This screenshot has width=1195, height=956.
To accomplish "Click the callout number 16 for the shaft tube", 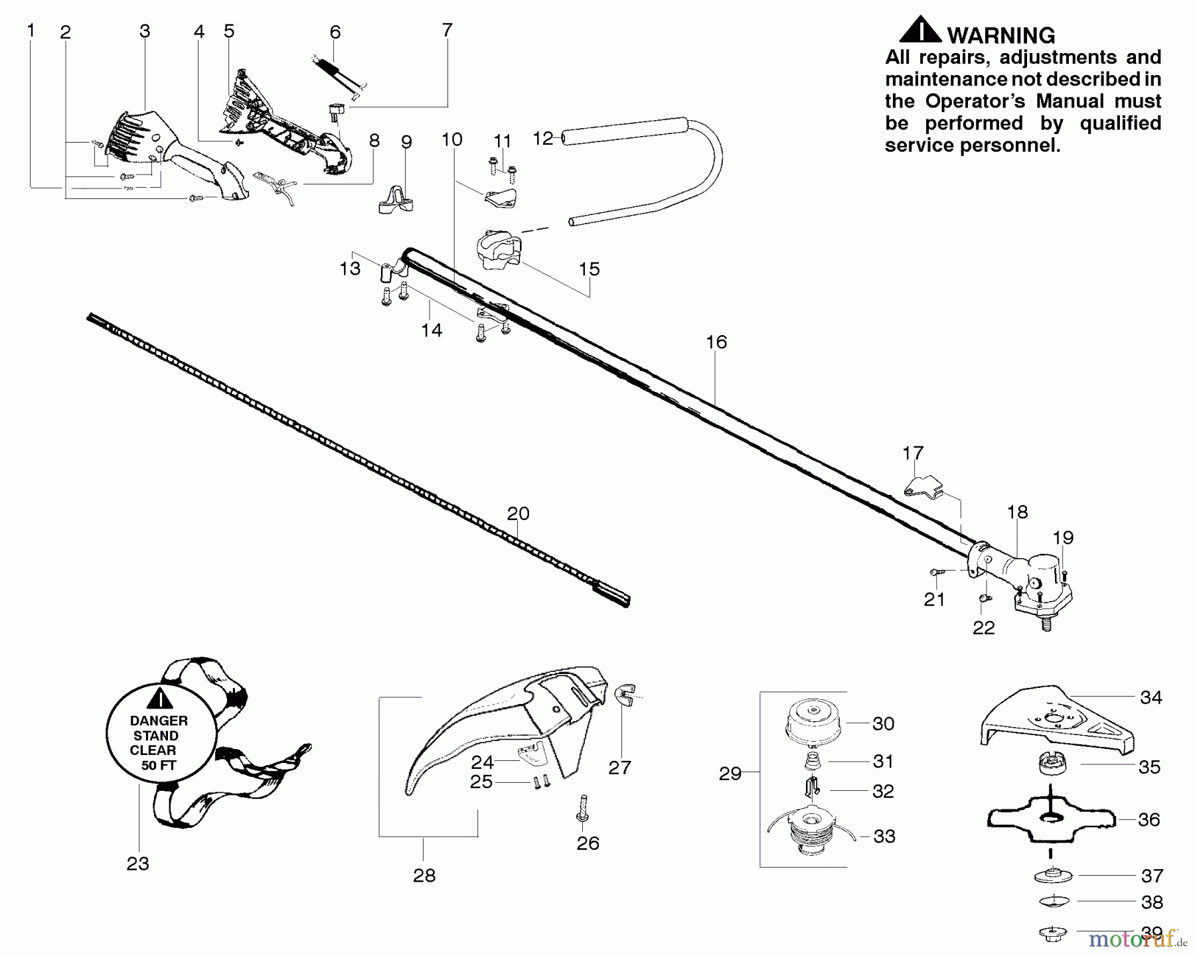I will pyautogui.click(x=716, y=342).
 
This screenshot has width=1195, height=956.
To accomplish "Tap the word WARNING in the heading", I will pyautogui.click(x=1000, y=35).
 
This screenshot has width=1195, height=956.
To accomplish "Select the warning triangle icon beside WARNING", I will pyautogui.click(x=919, y=31).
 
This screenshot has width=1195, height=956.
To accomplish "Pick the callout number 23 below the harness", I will pyautogui.click(x=138, y=863).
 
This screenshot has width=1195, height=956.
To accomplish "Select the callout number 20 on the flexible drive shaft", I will pyautogui.click(x=518, y=513).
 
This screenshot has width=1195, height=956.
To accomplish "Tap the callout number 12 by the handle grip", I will pyautogui.click(x=543, y=138).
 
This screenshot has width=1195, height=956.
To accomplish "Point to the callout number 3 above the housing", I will pyautogui.click(x=145, y=31).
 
